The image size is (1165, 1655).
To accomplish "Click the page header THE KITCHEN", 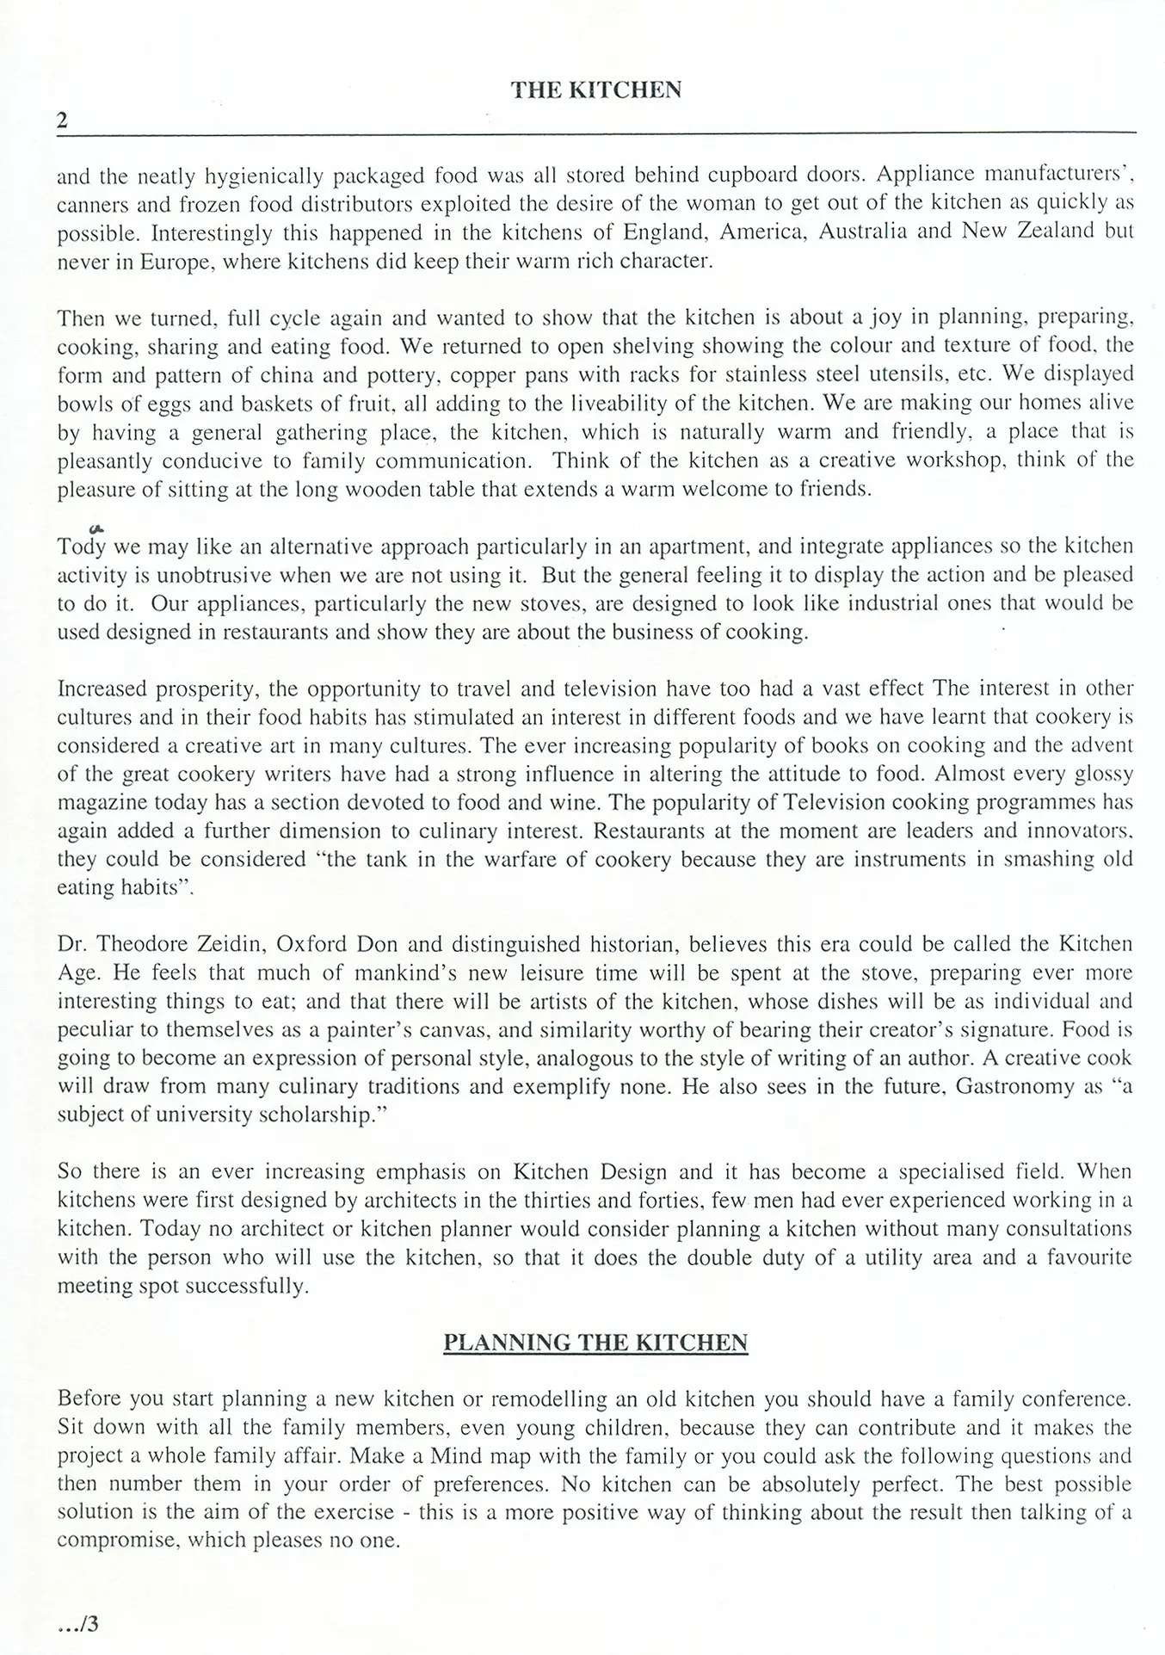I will pyautogui.click(x=595, y=90).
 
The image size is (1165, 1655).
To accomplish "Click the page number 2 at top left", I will pyautogui.click(x=62, y=120).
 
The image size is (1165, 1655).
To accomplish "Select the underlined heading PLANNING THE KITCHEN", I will pyautogui.click(x=595, y=1343).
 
